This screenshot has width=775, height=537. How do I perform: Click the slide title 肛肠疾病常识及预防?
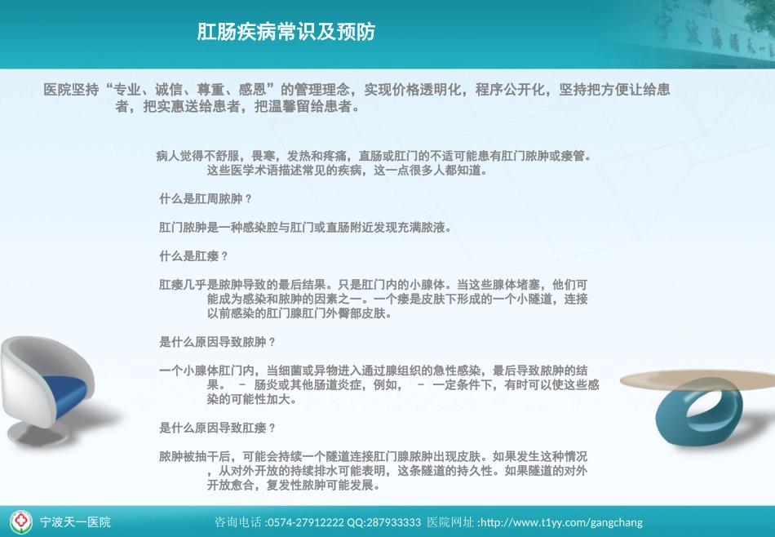coord(286,32)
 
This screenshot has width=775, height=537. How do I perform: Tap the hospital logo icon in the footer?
coord(21,521)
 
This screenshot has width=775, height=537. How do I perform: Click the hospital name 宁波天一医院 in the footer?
coord(76,522)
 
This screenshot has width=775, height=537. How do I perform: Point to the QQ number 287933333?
coord(396,522)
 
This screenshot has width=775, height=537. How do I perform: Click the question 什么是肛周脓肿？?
coord(206,199)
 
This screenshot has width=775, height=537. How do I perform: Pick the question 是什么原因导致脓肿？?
coord(218,342)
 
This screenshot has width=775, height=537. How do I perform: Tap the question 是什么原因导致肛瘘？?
coord(218,428)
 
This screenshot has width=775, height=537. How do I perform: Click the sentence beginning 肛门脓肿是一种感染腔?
coord(305,228)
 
